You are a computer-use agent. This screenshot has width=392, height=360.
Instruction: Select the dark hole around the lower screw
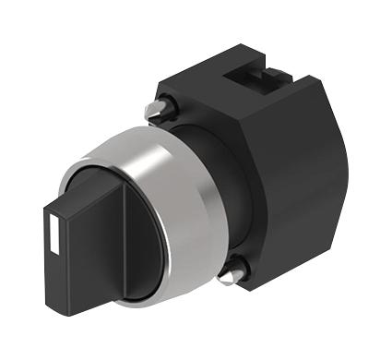242,270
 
